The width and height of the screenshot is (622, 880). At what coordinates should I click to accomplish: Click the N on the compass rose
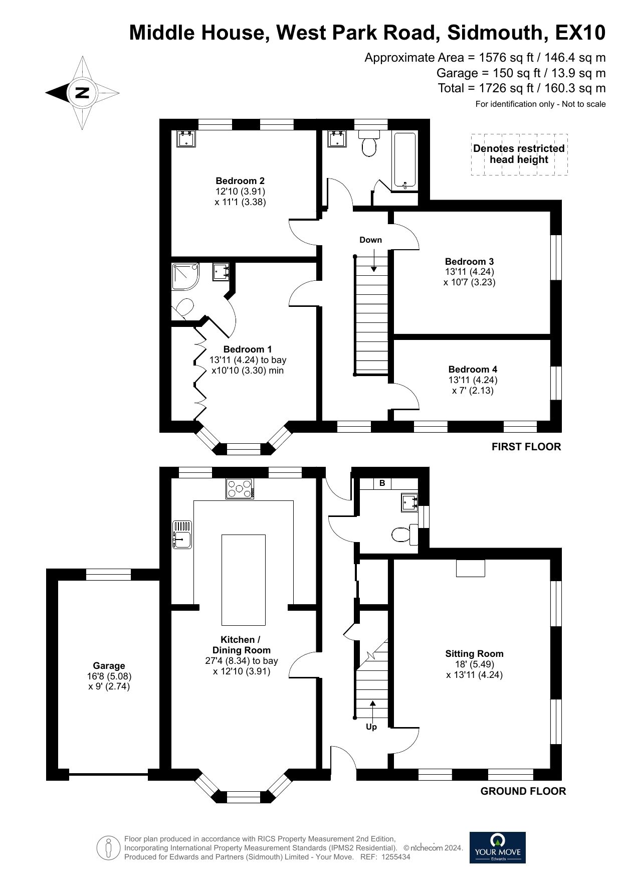coord(81,92)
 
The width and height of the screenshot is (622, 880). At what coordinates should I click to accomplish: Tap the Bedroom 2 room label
coord(240,181)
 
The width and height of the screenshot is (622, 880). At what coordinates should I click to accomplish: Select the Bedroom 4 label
coord(473,370)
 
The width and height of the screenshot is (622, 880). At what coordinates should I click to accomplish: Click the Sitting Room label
coord(474,654)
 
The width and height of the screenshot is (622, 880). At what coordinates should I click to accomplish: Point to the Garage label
coord(109,666)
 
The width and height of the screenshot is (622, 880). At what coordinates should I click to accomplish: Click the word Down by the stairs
coord(370,240)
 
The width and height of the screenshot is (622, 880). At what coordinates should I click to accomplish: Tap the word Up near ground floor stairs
coord(371,727)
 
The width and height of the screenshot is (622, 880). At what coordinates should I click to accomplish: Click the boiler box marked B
coord(382,483)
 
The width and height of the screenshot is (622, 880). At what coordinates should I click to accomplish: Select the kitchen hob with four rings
coord(240,488)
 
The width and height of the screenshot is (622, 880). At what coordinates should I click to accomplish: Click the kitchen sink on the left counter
coord(182,535)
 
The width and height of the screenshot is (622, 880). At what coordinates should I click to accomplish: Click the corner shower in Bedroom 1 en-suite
coord(185,276)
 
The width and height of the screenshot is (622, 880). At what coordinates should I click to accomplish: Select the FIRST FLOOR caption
coord(526,447)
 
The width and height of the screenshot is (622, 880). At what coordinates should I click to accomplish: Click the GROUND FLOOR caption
coord(523,791)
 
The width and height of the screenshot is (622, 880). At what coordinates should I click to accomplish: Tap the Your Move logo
coord(497,847)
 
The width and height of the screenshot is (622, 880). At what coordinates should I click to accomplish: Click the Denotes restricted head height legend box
coord(519,154)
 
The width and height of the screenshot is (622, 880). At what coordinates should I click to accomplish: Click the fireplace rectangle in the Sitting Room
coord(471,568)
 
